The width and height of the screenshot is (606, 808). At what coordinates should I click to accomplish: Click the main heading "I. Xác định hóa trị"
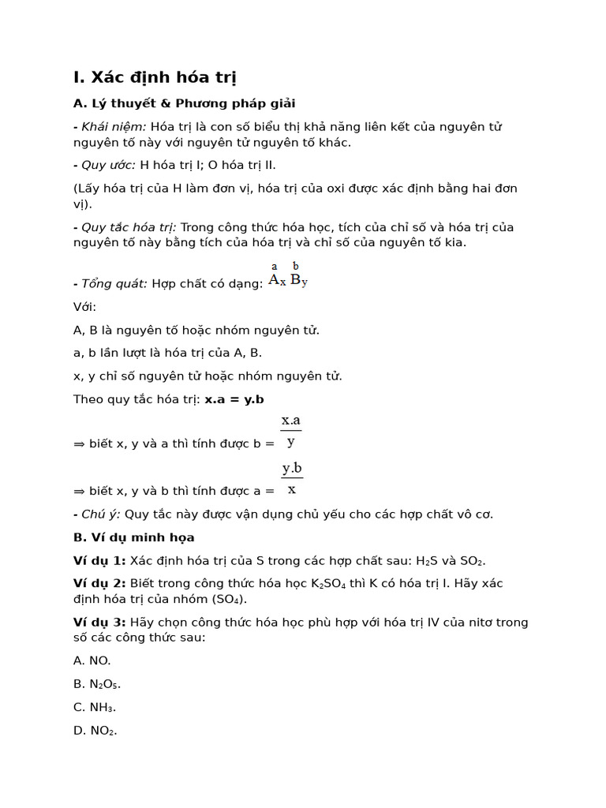(155, 77)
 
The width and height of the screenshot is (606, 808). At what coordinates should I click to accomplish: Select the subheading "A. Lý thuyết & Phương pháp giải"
(184, 103)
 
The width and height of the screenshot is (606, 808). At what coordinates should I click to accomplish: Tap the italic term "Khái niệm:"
(114, 127)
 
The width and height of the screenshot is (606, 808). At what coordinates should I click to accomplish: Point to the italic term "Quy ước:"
(109, 165)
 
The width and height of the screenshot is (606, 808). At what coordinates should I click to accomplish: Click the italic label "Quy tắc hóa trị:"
(129, 227)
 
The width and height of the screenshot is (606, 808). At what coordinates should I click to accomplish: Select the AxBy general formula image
(288, 276)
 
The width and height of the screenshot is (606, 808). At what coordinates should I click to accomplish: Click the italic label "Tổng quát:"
(114, 283)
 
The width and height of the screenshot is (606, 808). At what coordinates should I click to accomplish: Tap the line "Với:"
(84, 306)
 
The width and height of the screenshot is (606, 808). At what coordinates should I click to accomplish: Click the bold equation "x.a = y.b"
(234, 398)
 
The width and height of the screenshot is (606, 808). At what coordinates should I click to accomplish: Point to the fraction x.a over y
(291, 431)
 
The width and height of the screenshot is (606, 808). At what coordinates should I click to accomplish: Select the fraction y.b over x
(292, 478)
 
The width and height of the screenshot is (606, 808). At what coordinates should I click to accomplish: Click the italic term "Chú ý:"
(101, 514)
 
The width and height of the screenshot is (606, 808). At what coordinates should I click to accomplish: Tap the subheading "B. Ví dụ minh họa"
(133, 537)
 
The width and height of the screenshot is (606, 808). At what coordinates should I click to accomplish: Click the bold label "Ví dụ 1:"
(99, 560)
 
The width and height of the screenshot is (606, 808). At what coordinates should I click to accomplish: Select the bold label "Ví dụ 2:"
(99, 583)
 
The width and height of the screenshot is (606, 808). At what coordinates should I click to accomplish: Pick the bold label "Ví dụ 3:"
(99, 622)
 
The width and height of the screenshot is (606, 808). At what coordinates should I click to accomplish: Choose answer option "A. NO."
(92, 660)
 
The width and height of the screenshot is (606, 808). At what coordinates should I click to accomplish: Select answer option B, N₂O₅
(97, 684)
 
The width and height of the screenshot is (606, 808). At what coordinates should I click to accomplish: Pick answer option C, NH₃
(95, 707)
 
